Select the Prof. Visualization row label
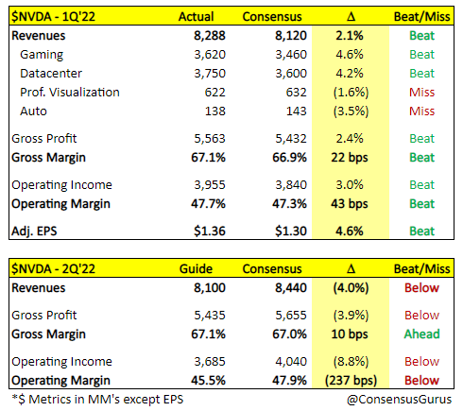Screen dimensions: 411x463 pyautogui.click(x=71, y=92)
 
